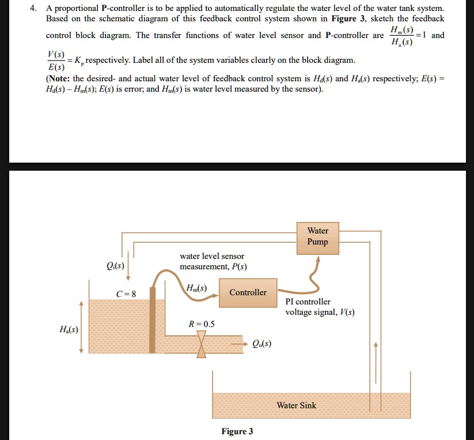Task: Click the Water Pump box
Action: (317, 237)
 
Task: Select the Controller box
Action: (248, 292)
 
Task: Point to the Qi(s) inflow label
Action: (114, 266)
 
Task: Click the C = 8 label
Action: (126, 294)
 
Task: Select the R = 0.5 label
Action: (202, 324)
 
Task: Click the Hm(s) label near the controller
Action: (196, 288)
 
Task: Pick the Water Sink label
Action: (296, 405)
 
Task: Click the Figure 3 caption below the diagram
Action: (237, 431)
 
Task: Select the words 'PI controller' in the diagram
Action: (308, 302)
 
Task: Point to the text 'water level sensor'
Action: (212, 256)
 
